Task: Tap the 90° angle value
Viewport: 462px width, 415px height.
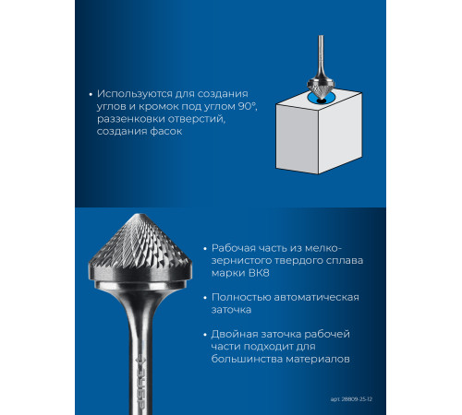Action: (x=248, y=106)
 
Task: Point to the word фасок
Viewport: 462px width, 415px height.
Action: (x=166, y=131)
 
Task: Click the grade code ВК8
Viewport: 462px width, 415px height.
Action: (x=258, y=273)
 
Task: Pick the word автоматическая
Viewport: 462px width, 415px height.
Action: (x=316, y=297)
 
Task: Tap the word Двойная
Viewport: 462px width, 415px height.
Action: (x=234, y=334)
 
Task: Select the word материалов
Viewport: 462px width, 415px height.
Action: (x=318, y=359)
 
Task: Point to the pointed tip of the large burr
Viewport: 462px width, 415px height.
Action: (x=140, y=214)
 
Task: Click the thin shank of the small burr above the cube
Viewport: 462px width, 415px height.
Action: (x=321, y=53)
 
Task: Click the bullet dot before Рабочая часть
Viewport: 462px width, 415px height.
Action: (x=205, y=249)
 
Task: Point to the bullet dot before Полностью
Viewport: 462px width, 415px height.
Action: (x=205, y=298)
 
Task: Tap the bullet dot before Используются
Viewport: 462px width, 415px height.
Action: (x=91, y=94)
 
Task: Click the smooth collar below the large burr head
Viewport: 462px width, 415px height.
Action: (x=140, y=285)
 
